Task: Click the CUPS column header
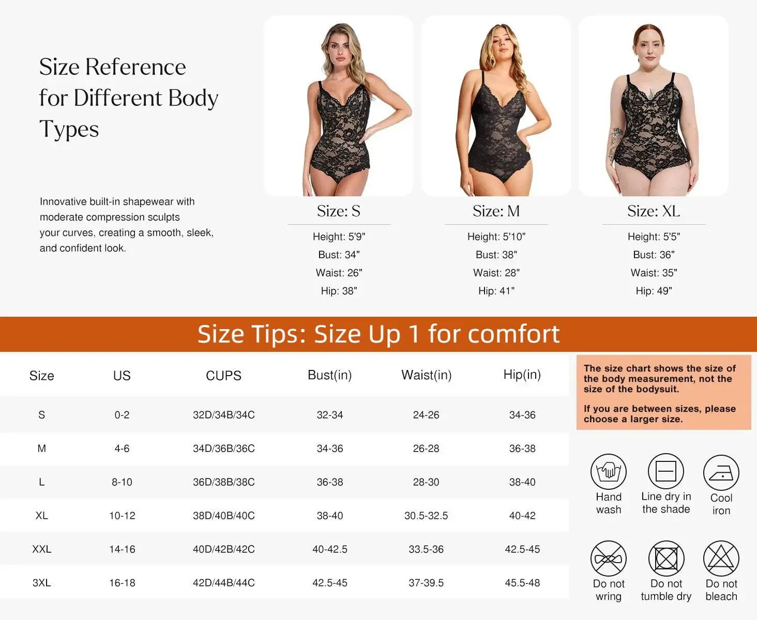click(x=223, y=376)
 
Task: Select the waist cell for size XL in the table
click(x=426, y=516)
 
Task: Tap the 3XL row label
click(x=42, y=583)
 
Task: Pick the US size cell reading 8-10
click(x=122, y=482)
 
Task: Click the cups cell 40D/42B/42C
click(x=223, y=549)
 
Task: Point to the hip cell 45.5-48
click(x=522, y=583)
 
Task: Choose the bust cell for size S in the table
click(x=330, y=415)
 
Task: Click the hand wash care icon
click(x=609, y=472)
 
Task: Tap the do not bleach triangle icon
click(x=721, y=559)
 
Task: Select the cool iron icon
click(x=721, y=473)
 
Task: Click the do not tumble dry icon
click(x=666, y=559)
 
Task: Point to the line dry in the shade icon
click(x=666, y=471)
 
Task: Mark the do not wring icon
click(x=609, y=559)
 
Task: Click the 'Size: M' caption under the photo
click(x=496, y=211)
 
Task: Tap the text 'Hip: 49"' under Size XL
click(x=654, y=291)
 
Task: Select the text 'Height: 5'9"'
click(x=339, y=237)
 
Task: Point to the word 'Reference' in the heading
click(x=135, y=67)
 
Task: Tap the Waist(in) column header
click(x=427, y=375)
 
